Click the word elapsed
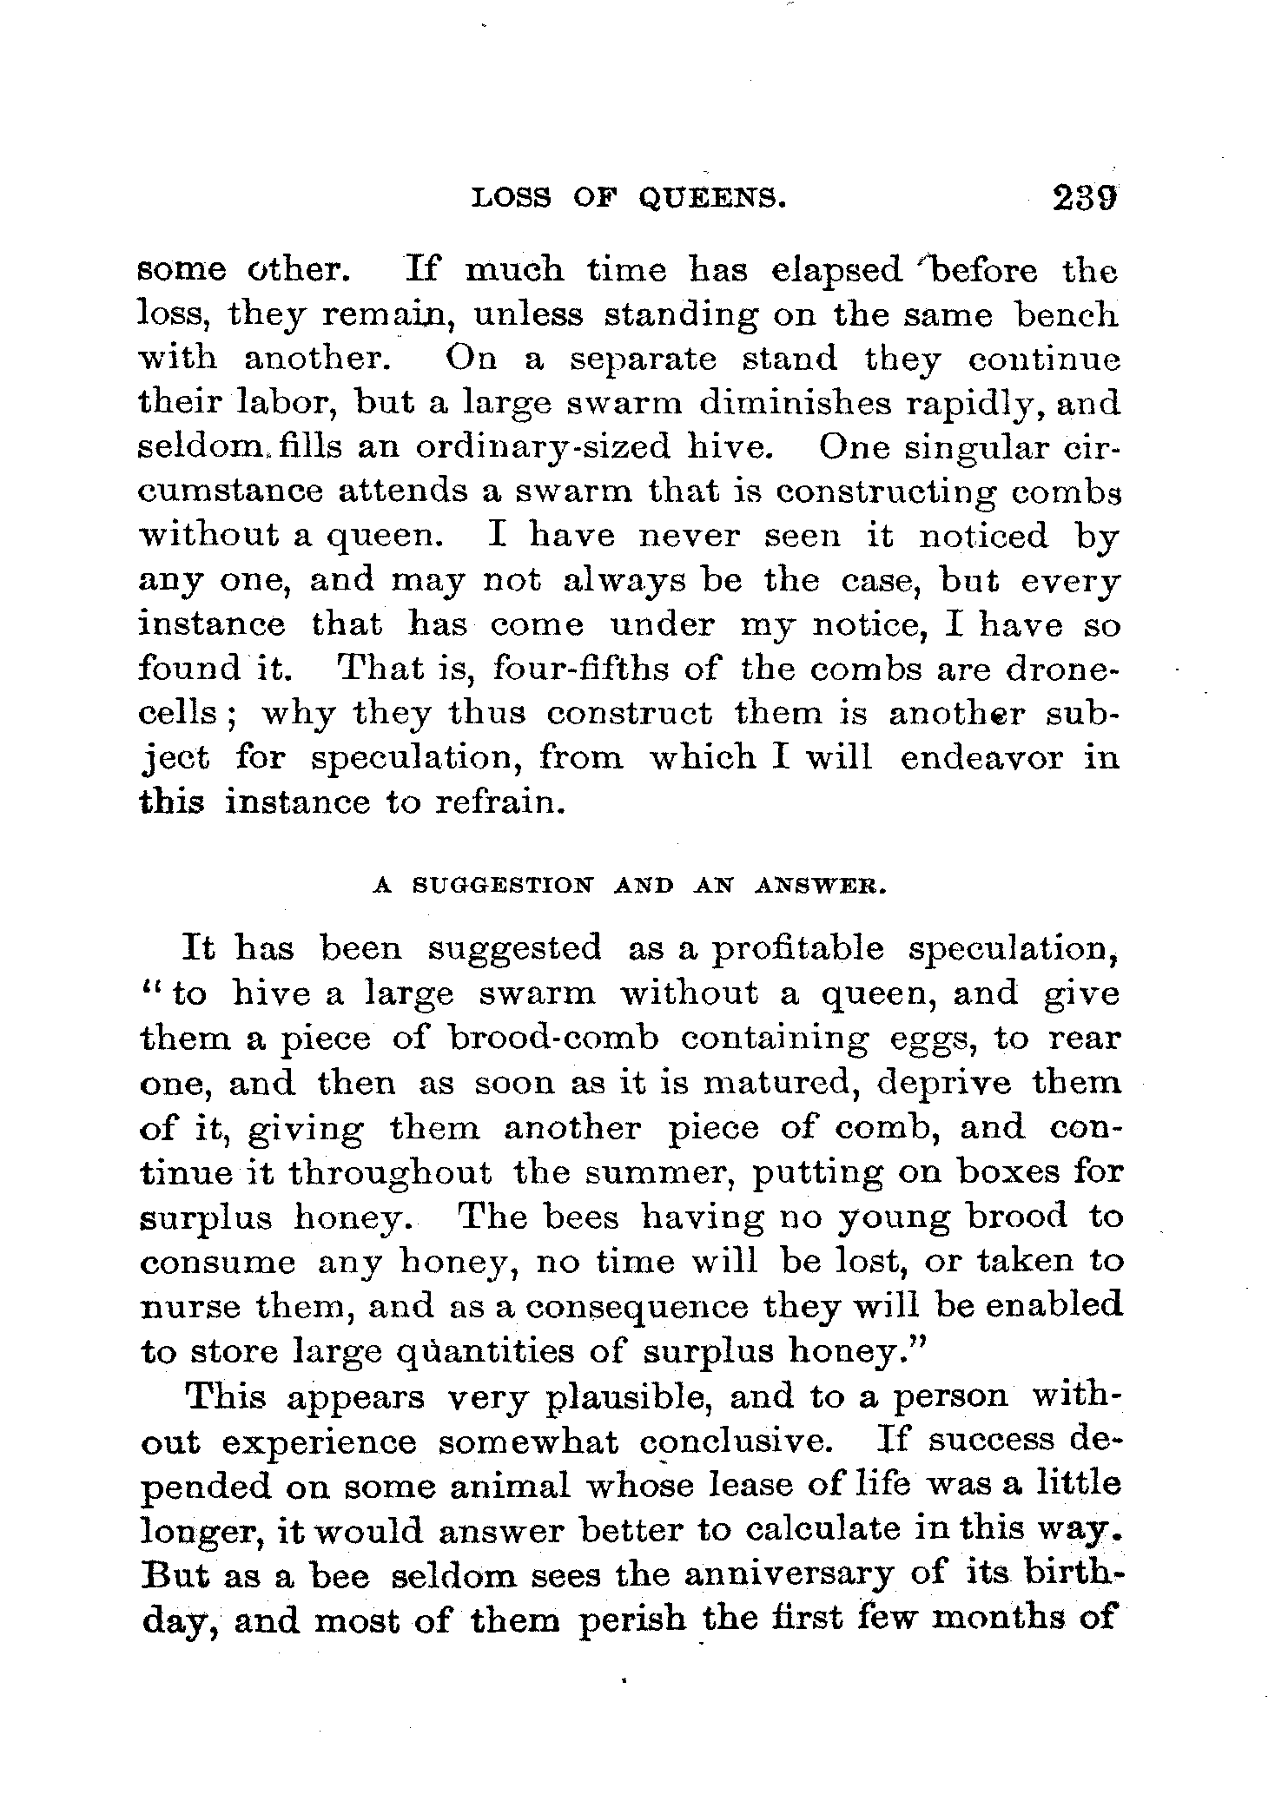tap(837, 272)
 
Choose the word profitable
tap(796, 947)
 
